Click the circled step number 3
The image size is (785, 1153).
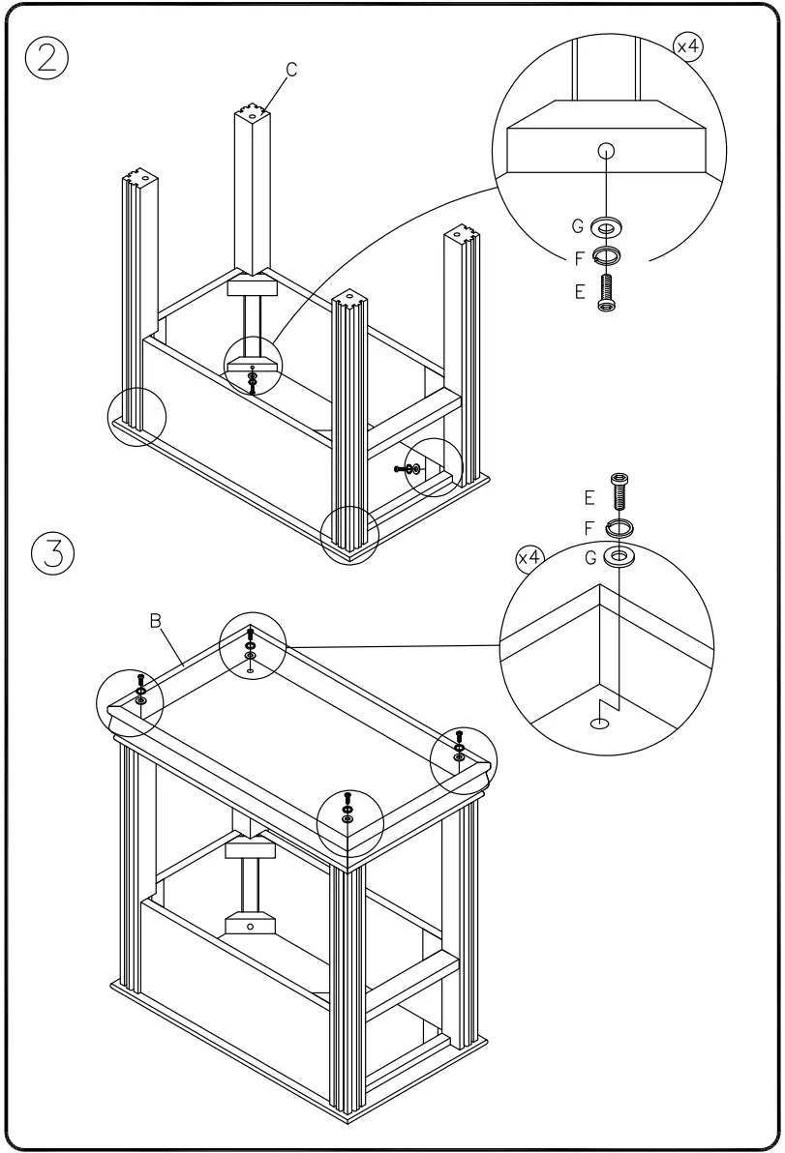click(53, 553)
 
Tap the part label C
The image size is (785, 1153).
click(290, 69)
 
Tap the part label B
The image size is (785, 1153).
click(155, 621)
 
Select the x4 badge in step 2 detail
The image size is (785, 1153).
click(688, 47)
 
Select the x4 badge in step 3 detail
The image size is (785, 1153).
click(529, 558)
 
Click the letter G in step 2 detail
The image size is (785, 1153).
click(578, 227)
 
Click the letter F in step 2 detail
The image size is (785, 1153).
click(579, 258)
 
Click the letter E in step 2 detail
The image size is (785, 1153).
click(580, 290)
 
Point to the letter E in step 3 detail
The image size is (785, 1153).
click(589, 497)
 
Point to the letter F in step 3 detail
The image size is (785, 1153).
click(589, 528)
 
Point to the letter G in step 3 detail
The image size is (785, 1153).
click(589, 558)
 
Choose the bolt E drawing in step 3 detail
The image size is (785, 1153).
click(619, 491)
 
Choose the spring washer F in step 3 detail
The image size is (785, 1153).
click(619, 527)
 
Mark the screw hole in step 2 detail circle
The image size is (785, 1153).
click(606, 150)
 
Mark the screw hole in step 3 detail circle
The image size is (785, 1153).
click(601, 721)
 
